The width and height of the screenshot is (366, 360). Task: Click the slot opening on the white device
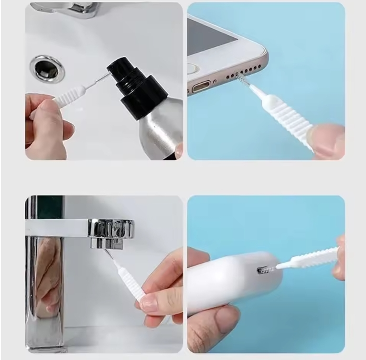point(264,271)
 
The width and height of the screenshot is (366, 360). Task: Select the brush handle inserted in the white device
point(311,258)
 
